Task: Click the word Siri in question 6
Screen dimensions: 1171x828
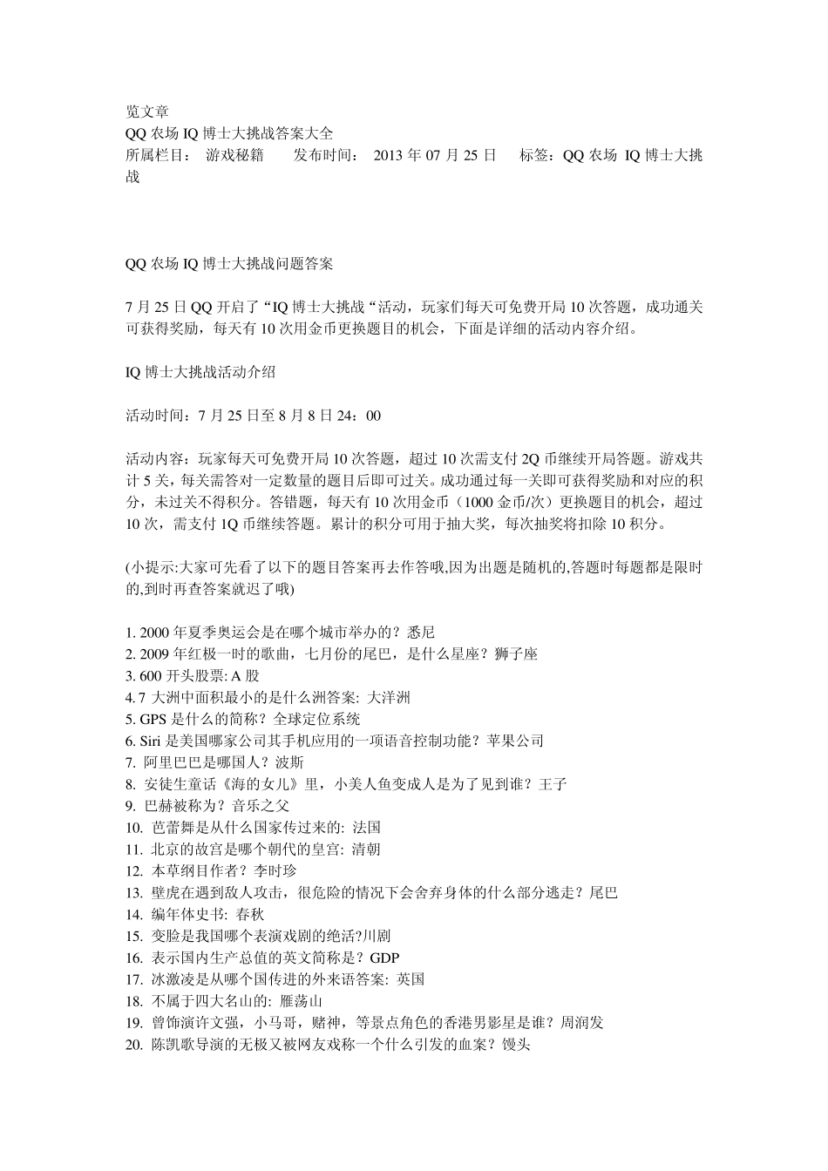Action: tap(150, 741)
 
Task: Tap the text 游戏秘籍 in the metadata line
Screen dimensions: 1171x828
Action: tap(234, 156)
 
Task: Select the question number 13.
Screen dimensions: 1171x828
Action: tap(134, 893)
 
